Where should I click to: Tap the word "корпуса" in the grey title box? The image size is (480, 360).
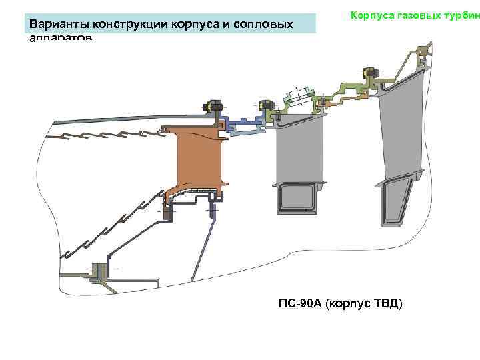pyautogui.click(x=195, y=25)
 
